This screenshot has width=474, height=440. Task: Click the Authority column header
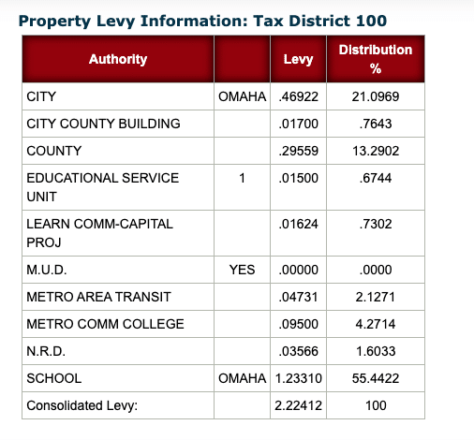[118, 59]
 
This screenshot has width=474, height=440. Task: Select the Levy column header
[298, 59]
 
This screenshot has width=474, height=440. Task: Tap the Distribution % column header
[376, 59]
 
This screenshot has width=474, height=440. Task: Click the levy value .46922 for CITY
[298, 96]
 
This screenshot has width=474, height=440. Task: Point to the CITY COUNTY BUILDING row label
[103, 124]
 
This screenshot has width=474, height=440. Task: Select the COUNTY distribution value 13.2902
[376, 151]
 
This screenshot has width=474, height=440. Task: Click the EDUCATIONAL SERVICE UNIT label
[103, 187]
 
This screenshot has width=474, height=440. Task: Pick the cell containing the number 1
[242, 178]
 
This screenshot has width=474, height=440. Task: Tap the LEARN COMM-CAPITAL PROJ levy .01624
[298, 224]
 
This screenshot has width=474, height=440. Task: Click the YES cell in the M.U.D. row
[242, 270]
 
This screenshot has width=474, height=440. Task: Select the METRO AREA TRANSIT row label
[98, 297]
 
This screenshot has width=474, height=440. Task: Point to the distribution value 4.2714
[376, 324]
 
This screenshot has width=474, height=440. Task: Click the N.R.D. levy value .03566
[298, 351]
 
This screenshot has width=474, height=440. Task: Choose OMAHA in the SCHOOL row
[242, 378]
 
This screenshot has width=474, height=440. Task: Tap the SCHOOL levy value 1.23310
[298, 378]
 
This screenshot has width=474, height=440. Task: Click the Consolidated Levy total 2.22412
[298, 405]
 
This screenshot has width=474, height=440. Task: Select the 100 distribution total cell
[376, 405]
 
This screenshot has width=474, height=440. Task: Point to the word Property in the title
[54, 22]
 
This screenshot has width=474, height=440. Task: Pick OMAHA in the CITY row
[242, 96]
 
